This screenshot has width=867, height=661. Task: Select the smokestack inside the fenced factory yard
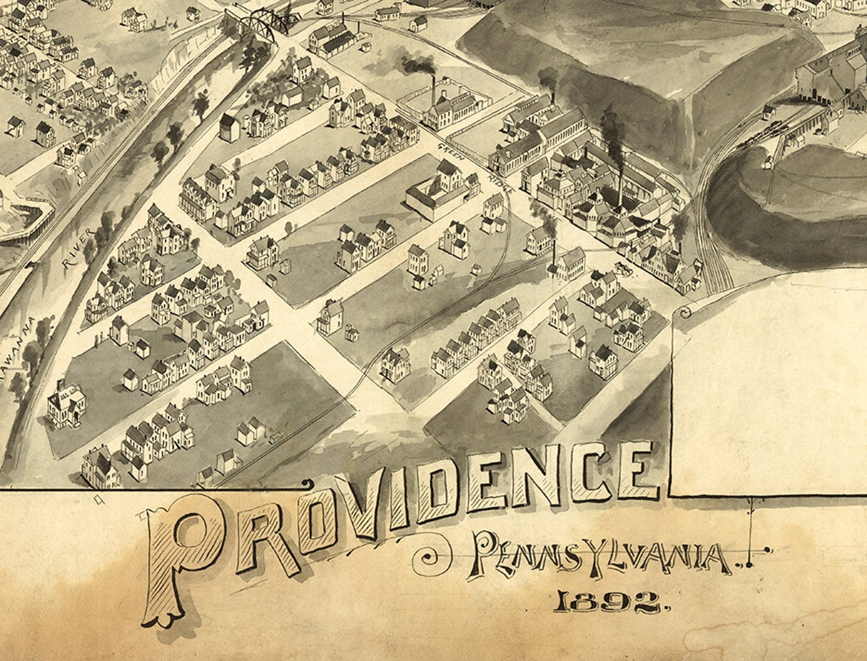pyautogui.click(x=434, y=90)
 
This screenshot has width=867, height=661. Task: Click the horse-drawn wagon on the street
pyautogui.click(x=622, y=268)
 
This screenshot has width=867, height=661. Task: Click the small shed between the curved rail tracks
pyautogui.click(x=769, y=162)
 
